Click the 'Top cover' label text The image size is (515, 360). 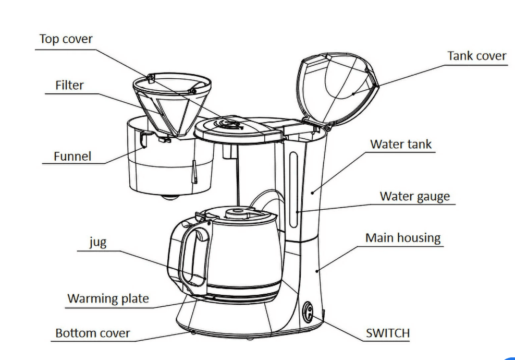[x=66, y=40]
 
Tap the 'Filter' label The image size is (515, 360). [x=69, y=85]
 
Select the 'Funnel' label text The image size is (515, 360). [x=72, y=157]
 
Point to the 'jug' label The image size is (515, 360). [x=97, y=243]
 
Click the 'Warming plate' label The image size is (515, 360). [x=108, y=299]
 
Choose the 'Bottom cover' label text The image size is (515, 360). [x=92, y=333]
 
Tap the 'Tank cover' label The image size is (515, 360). [x=476, y=56]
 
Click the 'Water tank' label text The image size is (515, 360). [x=401, y=144]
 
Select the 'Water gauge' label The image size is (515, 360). [x=414, y=197]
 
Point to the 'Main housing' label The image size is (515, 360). [x=402, y=238]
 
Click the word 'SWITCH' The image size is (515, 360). [x=387, y=333]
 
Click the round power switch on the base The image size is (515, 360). [x=309, y=314]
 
